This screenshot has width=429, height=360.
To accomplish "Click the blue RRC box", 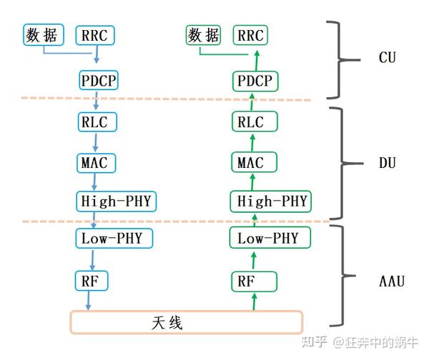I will coord(95,35).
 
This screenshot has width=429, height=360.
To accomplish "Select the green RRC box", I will coord(250,35).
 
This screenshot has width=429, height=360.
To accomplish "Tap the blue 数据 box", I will coord(43,35).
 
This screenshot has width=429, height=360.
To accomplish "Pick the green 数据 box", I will coord(204,35).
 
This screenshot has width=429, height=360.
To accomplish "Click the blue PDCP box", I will coord(98,80).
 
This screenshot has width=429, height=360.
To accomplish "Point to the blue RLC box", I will coord(93,121).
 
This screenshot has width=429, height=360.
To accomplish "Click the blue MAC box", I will coord(93,162).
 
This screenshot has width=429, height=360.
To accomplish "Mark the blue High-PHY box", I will coord(114,201).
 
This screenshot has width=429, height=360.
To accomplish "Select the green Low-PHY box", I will coord(267,238).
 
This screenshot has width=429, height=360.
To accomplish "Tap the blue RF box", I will coord(91,281).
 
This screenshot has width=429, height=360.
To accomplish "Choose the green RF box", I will coord(246,281).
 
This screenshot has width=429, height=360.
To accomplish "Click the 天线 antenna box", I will coord(186,323).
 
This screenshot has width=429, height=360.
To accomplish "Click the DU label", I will coord(388,164).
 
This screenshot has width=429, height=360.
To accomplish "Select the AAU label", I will coord(391,281).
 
